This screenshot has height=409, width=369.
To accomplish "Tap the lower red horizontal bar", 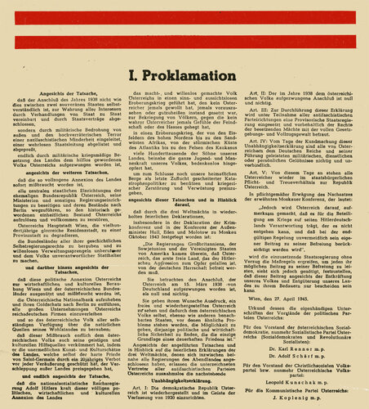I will (x=184, y=51).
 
